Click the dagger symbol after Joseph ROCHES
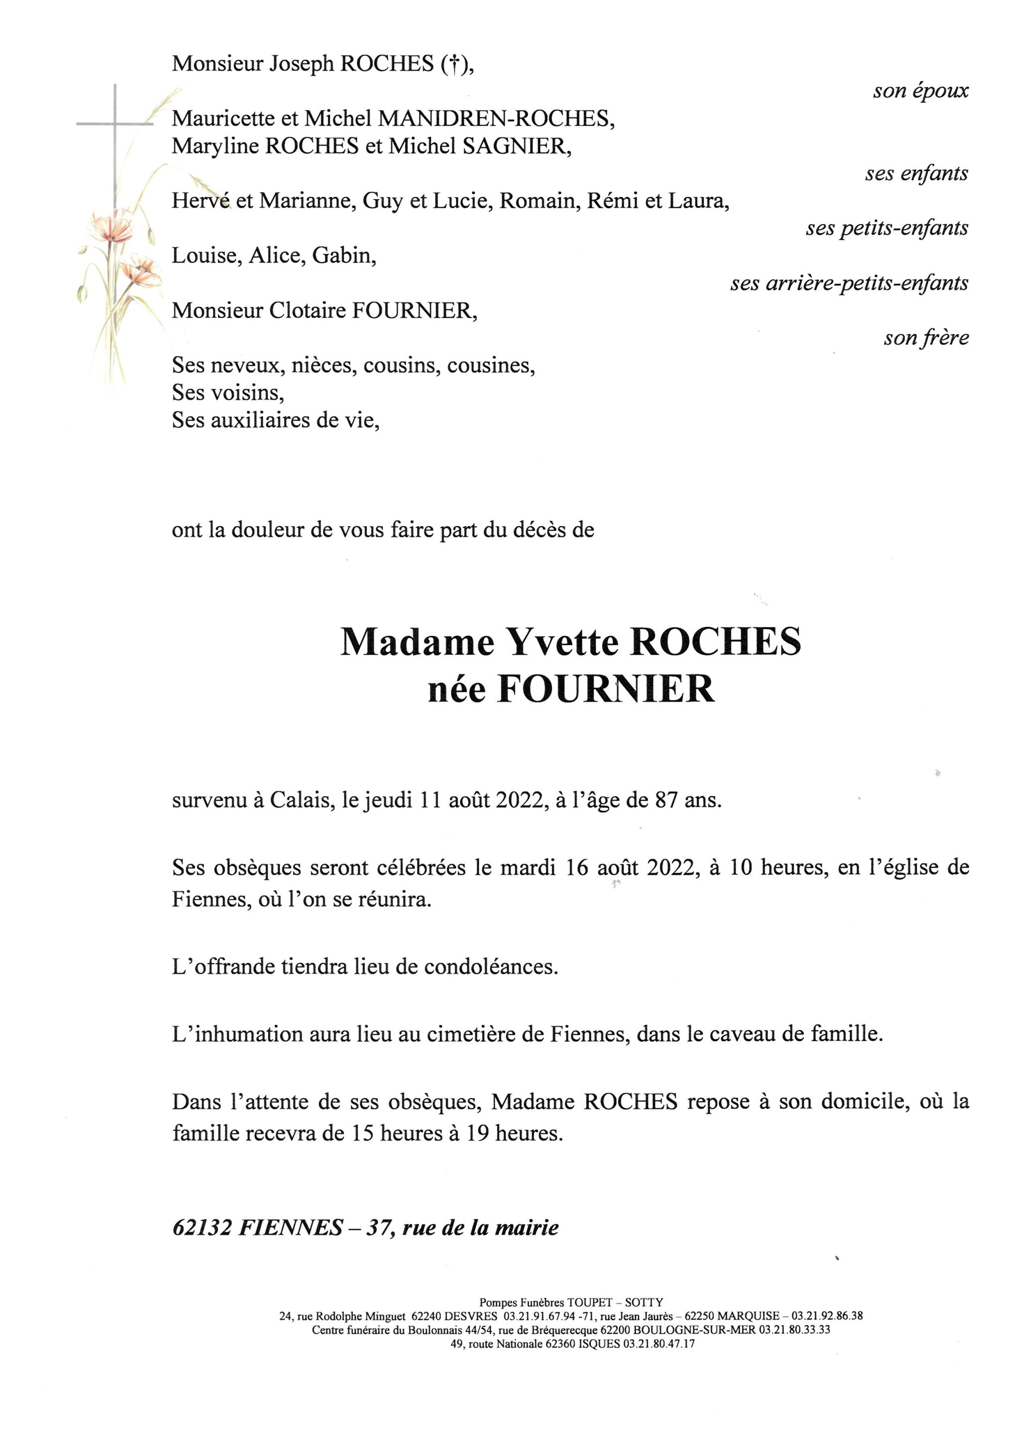[454, 64]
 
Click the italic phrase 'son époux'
[920, 91]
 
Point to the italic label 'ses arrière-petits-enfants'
[849, 284]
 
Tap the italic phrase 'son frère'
[926, 338]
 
